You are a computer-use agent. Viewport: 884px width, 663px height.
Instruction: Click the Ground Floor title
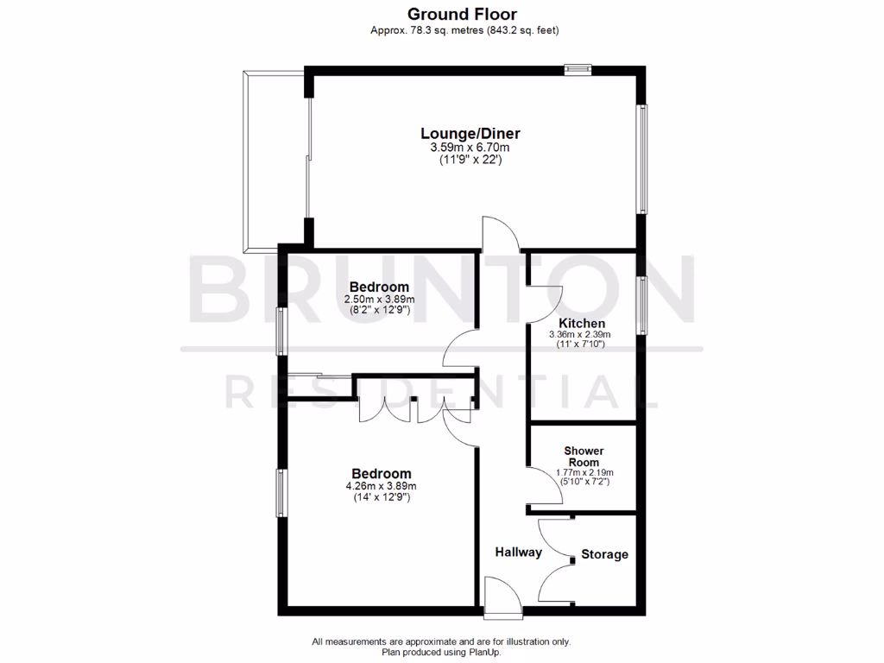[462, 14]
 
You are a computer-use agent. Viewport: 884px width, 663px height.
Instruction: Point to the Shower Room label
[584, 457]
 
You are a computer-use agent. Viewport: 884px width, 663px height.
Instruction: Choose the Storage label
[604, 554]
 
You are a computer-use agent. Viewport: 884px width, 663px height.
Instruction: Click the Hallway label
[518, 552]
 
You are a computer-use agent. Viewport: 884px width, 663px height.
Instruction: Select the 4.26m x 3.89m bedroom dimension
[381, 487]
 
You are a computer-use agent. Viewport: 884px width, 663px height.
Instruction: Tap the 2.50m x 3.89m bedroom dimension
[379, 299]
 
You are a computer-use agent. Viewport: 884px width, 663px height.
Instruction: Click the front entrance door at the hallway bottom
[503, 599]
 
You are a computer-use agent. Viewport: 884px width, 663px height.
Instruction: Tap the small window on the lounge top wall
[578, 68]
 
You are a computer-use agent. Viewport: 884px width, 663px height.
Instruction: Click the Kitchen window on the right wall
[641, 305]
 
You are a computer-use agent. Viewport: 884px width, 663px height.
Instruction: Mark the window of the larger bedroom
[281, 492]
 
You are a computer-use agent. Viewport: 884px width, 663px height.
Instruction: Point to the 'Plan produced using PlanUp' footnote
[441, 653]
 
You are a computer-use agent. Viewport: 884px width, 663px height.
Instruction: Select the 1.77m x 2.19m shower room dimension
[584, 472]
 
